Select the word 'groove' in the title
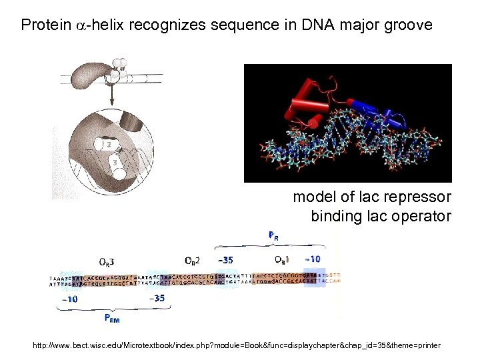[x=407, y=26]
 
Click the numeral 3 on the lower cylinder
[x=116, y=161]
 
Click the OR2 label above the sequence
[x=193, y=259]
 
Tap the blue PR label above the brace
[x=274, y=235]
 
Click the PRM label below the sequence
[x=113, y=319]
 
